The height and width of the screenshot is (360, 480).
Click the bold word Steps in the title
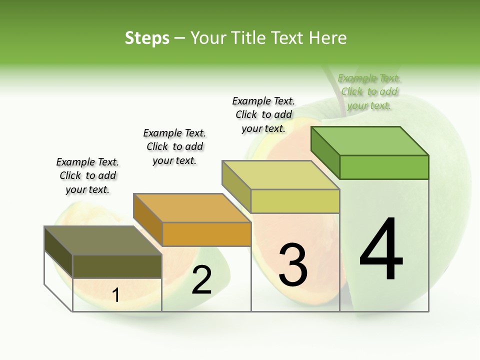(x=147, y=38)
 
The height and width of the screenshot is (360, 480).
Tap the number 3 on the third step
(x=293, y=265)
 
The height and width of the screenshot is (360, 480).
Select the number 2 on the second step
(x=201, y=280)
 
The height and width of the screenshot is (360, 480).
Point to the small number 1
(x=116, y=295)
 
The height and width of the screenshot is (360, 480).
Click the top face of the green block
(x=370, y=141)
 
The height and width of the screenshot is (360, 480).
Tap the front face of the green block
(x=384, y=167)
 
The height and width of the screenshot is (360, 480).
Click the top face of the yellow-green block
(x=281, y=175)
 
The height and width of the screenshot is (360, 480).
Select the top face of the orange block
(x=192, y=208)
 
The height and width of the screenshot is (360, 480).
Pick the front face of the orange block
(x=206, y=234)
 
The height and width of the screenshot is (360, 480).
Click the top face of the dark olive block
(x=103, y=240)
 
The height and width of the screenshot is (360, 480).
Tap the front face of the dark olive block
(x=117, y=266)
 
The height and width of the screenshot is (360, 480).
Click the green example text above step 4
(x=369, y=92)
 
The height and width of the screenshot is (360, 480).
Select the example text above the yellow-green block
(x=263, y=114)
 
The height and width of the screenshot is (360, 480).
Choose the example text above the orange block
(x=174, y=146)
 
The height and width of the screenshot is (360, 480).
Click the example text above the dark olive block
(x=87, y=175)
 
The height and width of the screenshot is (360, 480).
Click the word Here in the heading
(x=328, y=38)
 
